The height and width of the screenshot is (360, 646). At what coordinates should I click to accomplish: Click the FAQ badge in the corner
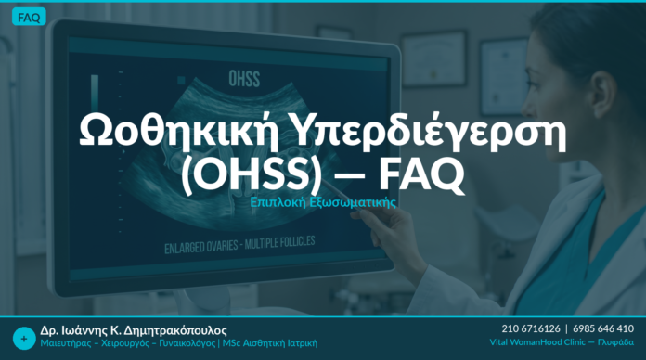pos(29,18)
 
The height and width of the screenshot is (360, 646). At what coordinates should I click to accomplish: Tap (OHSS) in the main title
pos(252,174)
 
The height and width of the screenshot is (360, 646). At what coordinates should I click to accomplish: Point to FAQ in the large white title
pos(421,174)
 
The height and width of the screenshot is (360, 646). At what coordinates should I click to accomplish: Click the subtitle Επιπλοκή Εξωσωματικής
pos(323,202)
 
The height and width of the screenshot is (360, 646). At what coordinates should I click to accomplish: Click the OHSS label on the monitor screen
pos(244,79)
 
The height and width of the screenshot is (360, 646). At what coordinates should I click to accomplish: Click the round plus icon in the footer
pos(24,339)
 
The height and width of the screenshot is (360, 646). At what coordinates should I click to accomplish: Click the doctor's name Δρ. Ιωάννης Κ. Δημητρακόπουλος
pos(134,330)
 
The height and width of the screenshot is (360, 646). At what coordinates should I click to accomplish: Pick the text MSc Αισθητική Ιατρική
pos(270,343)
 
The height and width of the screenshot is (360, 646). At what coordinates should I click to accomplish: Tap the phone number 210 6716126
pos(531,328)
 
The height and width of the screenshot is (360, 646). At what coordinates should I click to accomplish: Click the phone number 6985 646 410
pos(603,328)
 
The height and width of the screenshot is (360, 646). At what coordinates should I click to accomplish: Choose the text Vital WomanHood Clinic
pos(537,342)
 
